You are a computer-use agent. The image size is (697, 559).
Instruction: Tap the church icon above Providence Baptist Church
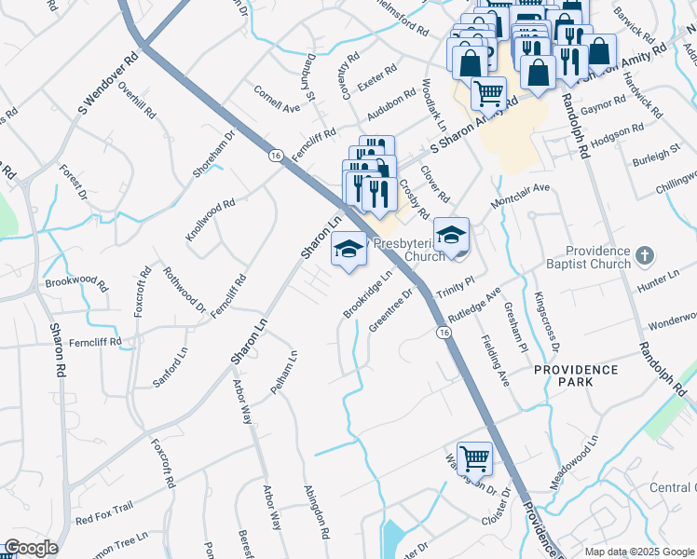tap(643, 254)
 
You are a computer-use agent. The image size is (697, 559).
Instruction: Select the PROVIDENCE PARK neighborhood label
tap(576, 377)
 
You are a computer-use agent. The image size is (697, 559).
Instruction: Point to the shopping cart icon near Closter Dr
tap(475, 457)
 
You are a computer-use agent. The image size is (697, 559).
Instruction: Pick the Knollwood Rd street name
tap(210, 221)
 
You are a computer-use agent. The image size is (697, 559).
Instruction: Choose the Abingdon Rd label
tap(317, 511)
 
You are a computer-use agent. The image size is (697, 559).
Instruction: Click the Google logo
tap(31, 548)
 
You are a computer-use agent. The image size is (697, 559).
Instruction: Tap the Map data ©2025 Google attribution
tap(638, 552)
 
